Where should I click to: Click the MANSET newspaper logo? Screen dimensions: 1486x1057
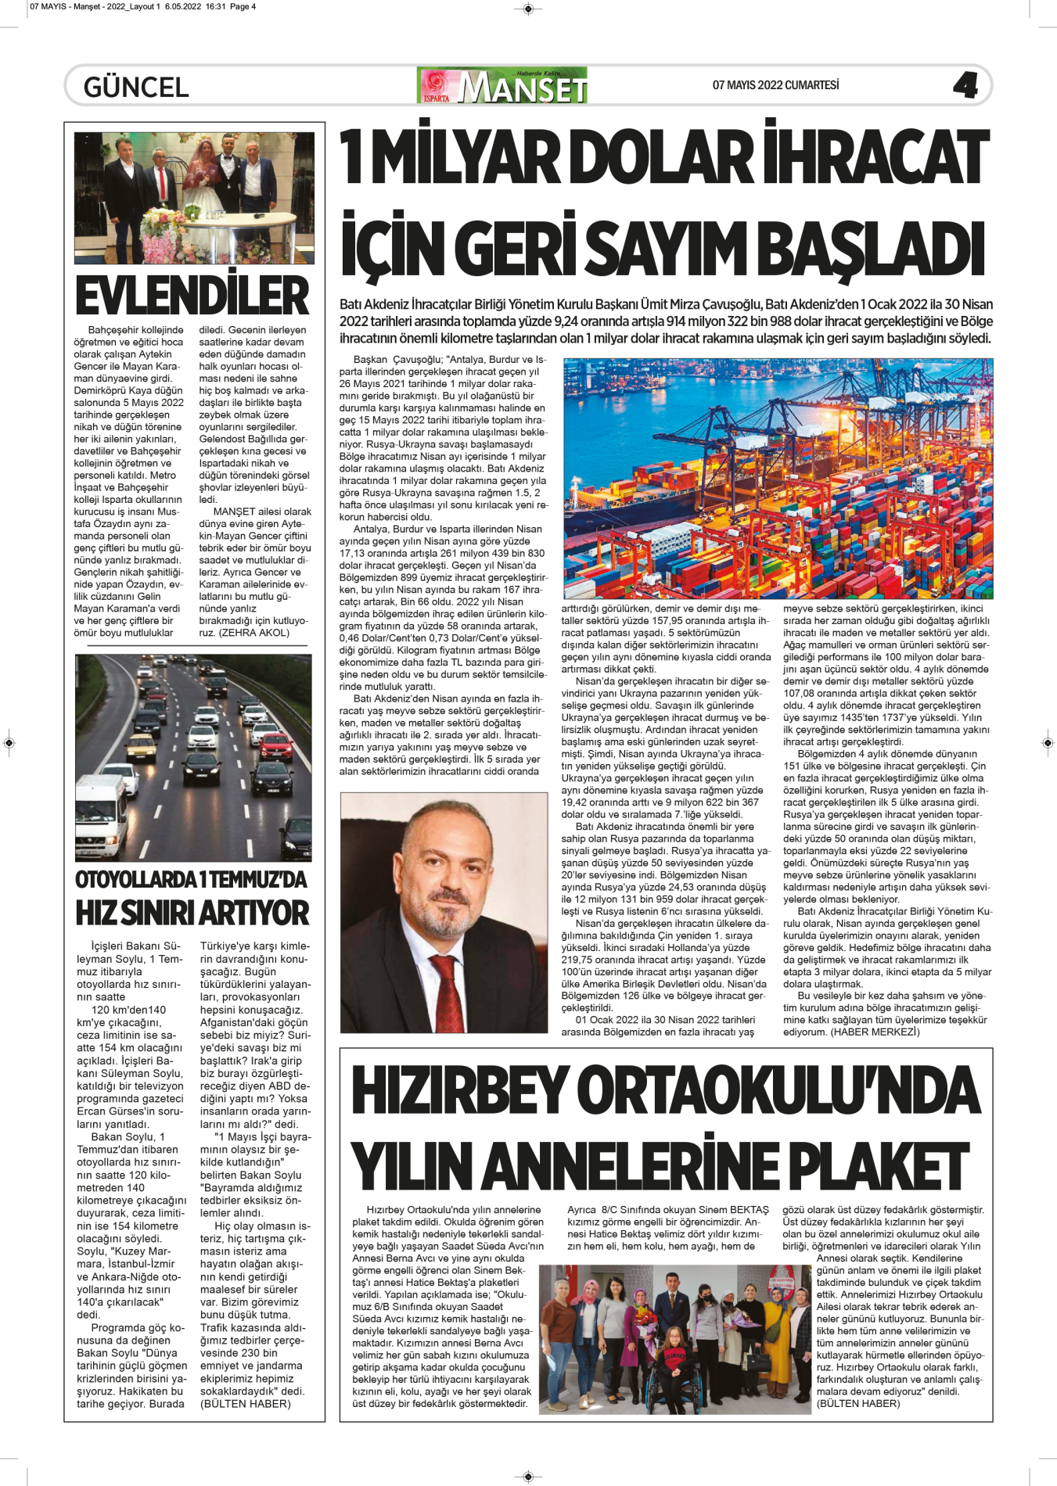point(503,86)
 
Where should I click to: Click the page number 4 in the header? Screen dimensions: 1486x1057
point(965,85)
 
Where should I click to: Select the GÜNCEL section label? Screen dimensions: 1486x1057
point(136,87)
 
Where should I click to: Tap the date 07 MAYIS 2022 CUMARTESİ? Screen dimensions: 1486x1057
point(775,85)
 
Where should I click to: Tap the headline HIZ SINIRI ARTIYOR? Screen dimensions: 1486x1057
point(192,913)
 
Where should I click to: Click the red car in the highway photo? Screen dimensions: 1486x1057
point(275,746)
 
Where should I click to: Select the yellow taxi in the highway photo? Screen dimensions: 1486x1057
point(142,747)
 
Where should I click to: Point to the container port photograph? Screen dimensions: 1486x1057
point(778,479)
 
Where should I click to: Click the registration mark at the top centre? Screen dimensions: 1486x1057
point(528,9)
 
